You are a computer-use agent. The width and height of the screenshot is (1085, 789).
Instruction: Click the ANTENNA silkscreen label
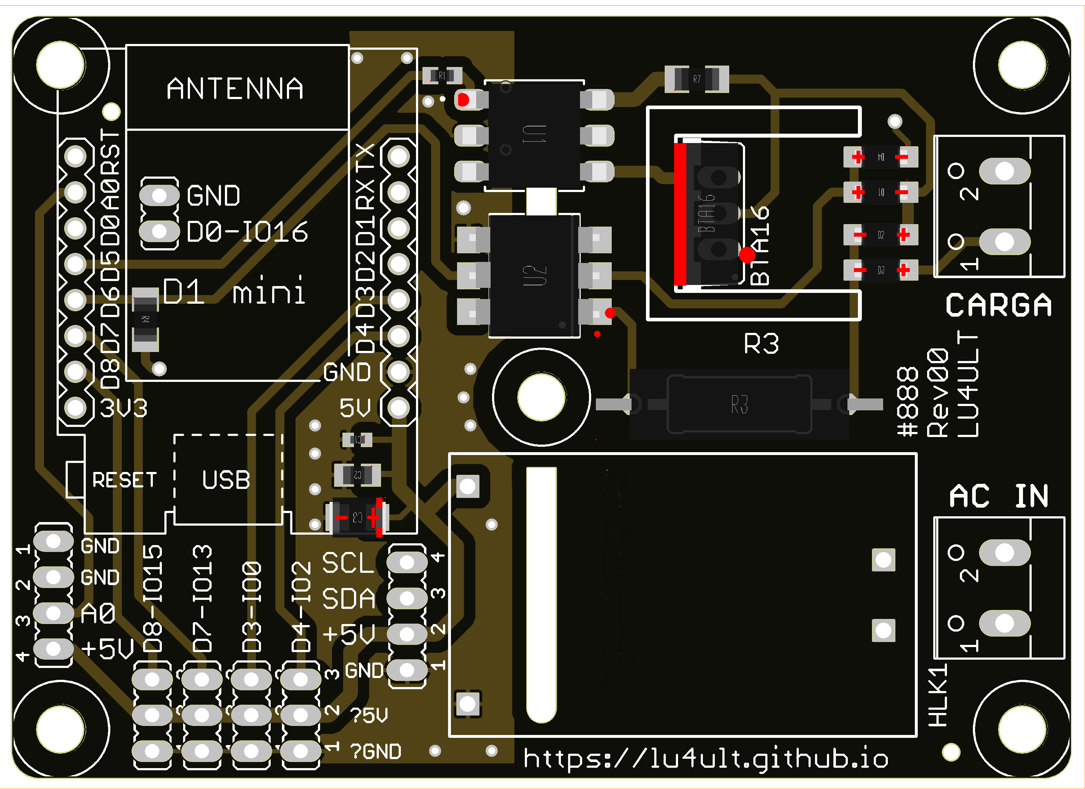(x=235, y=89)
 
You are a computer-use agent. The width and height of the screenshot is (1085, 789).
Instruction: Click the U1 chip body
(x=534, y=135)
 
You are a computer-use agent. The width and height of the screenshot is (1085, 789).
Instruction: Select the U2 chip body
(x=534, y=276)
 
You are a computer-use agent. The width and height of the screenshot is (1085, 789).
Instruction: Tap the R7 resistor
(x=696, y=79)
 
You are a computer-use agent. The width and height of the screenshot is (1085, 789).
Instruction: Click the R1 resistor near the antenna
(x=442, y=76)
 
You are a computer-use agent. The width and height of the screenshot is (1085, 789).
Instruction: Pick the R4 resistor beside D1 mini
(x=145, y=319)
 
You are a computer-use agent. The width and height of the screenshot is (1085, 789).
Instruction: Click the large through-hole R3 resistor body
(x=739, y=404)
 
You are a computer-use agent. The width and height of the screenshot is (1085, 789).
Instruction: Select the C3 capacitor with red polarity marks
(x=357, y=517)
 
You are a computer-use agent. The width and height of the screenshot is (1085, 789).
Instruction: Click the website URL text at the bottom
(x=706, y=758)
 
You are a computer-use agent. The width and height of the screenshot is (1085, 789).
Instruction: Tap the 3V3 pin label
(x=123, y=408)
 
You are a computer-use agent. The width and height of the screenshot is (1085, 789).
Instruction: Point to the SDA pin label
(x=348, y=599)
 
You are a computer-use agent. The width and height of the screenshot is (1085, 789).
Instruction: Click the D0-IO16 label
(x=247, y=232)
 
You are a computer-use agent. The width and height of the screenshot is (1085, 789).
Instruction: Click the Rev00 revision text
(x=938, y=393)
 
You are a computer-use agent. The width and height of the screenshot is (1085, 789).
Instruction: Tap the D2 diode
(x=881, y=235)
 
